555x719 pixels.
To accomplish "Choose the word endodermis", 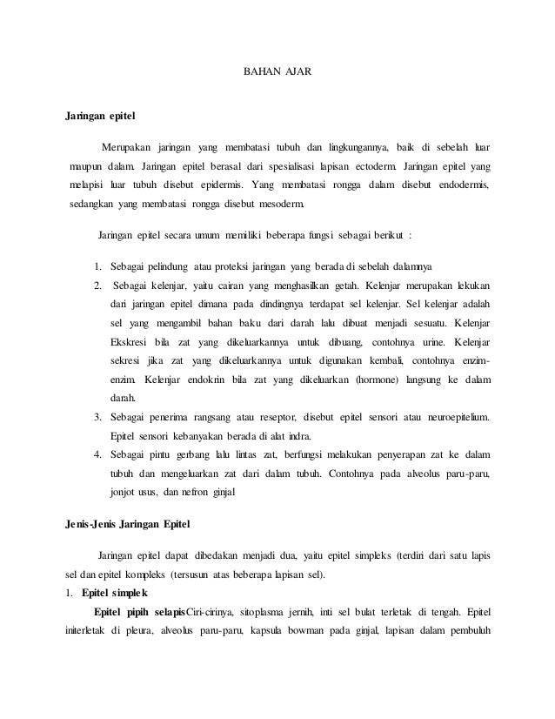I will pos(465,185).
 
